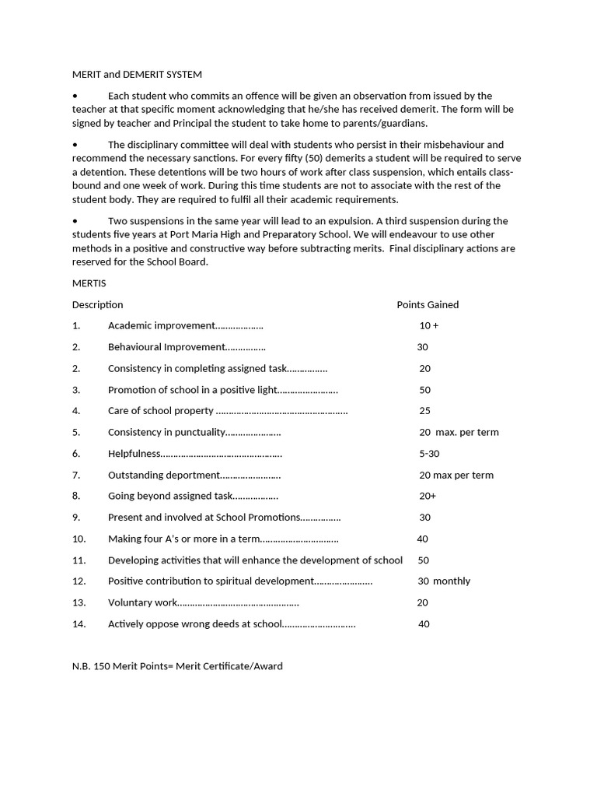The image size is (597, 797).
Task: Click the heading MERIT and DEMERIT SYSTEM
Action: (x=137, y=75)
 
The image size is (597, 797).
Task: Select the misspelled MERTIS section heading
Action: (x=89, y=283)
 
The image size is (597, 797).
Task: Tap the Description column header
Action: (x=97, y=304)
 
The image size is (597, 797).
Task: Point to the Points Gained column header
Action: (x=428, y=304)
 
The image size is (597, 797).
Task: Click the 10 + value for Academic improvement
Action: (x=429, y=325)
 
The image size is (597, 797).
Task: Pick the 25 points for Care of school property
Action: (x=424, y=410)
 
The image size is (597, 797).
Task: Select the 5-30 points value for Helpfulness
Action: (x=429, y=453)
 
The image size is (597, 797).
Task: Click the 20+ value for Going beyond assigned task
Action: (x=428, y=496)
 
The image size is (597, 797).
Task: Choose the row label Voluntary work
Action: (x=143, y=602)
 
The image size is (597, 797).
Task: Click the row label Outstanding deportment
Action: (x=164, y=475)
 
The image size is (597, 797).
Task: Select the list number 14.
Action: (x=79, y=623)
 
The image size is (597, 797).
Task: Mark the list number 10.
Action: (x=79, y=539)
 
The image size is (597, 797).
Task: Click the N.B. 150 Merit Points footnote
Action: (x=177, y=666)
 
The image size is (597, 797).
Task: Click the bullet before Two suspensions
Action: (x=75, y=220)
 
